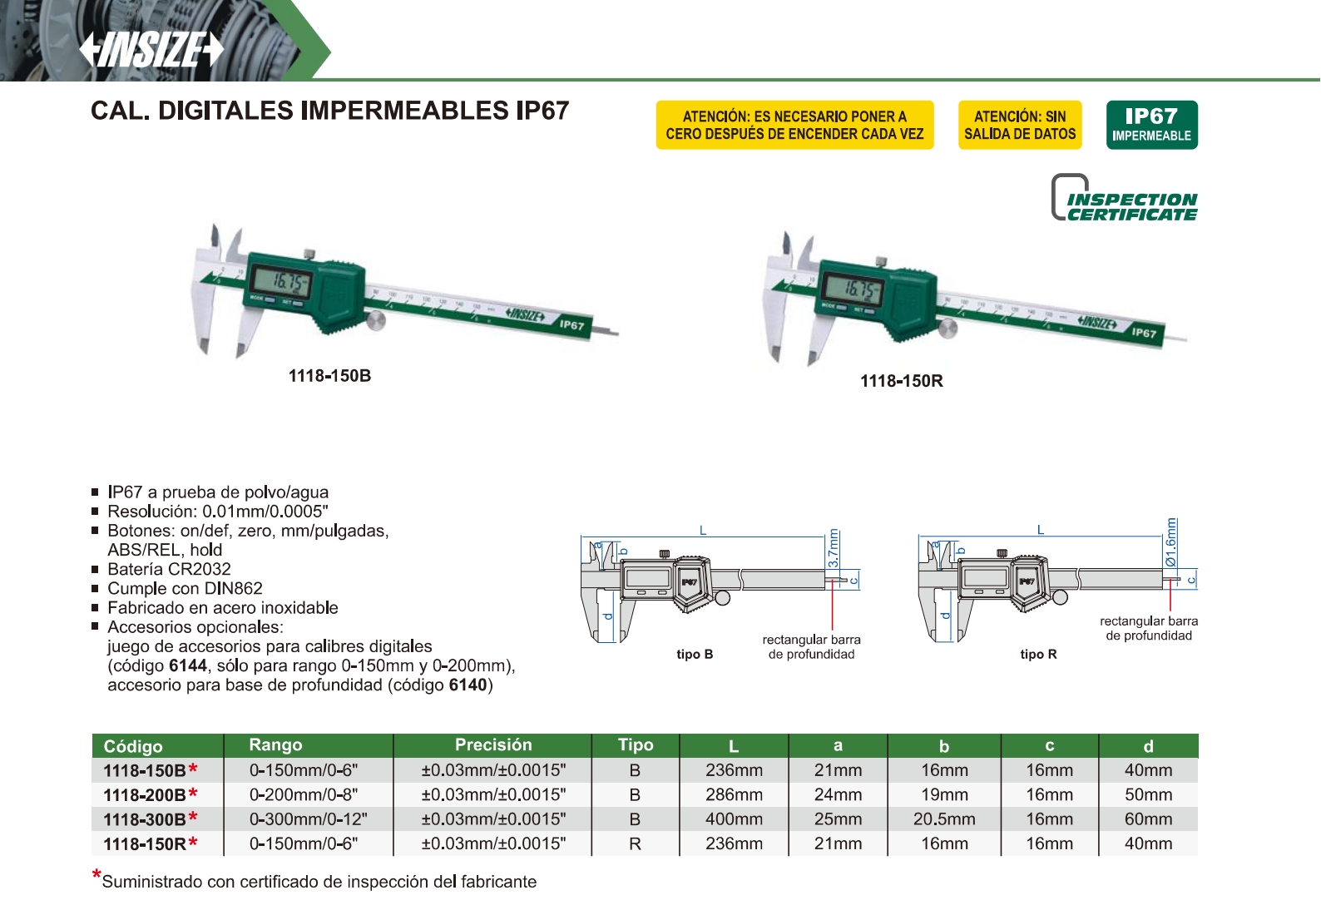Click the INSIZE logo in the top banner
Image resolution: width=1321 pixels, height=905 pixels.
tap(151, 49)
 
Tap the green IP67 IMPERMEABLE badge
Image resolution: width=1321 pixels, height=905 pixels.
tap(1152, 125)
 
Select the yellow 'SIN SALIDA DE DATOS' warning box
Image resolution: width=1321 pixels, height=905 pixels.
tap(1020, 125)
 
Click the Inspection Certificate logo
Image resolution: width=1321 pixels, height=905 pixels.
tap(1125, 197)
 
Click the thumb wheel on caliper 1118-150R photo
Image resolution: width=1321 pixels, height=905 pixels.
tap(947, 328)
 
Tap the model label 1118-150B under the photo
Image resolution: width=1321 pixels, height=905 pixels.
tap(329, 376)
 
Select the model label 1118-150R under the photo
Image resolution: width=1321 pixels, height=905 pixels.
tap(902, 381)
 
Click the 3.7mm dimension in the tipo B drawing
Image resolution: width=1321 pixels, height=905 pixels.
tap(834, 548)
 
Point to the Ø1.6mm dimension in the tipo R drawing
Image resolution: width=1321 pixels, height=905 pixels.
tap(1171, 543)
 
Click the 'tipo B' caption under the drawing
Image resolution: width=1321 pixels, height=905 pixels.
tap(695, 654)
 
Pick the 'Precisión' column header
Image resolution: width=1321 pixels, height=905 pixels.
tap(493, 744)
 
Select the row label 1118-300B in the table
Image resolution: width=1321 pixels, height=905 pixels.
tap(145, 819)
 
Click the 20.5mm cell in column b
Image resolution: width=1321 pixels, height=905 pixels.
tap(944, 819)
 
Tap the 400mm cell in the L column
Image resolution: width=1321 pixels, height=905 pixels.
tap(734, 819)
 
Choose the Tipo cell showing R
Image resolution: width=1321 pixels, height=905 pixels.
tap(635, 843)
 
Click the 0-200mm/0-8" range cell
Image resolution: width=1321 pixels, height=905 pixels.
tap(304, 794)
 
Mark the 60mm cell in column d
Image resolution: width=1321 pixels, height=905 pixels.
tap(1148, 819)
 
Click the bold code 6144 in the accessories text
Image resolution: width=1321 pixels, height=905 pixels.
tap(187, 665)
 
